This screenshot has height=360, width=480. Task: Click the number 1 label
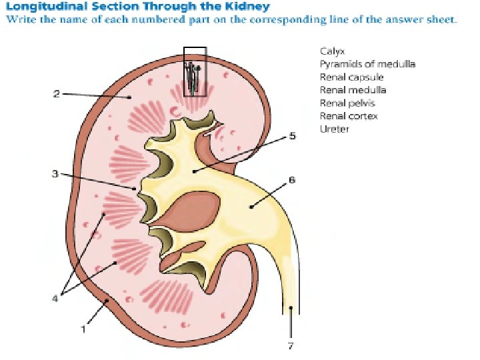[x=83, y=329]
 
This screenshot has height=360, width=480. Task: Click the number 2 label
[x=57, y=94]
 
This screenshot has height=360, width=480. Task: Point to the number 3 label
[x=55, y=175]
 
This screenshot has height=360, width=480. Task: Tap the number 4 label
[x=55, y=298]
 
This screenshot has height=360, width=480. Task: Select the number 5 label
[x=292, y=136]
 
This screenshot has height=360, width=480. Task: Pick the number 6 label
[x=292, y=180]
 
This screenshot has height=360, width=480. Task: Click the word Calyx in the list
[x=331, y=51]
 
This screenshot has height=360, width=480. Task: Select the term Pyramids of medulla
[x=367, y=64]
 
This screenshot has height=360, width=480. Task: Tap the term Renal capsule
[x=351, y=77]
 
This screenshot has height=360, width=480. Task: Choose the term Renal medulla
[x=353, y=90]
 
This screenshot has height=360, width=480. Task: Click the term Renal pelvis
[x=347, y=103]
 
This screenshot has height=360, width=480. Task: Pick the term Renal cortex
[x=348, y=116]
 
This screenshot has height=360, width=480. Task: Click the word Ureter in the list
[x=334, y=129]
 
